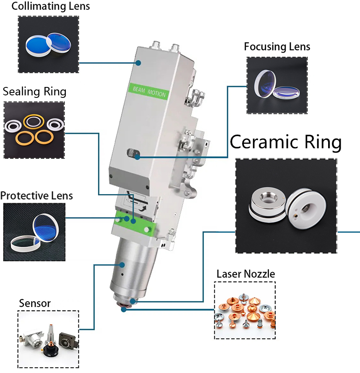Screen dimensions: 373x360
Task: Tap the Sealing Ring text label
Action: [x=34, y=92]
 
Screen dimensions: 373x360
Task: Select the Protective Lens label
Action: [x=37, y=196]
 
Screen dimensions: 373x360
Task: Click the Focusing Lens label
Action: [x=277, y=47]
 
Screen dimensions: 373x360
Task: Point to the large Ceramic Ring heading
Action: [x=286, y=142]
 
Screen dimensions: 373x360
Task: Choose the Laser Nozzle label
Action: [x=245, y=274]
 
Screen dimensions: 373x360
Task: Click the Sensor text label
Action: [x=35, y=303]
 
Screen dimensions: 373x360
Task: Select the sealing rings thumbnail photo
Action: [x=34, y=129]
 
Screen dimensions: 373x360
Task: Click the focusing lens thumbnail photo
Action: [x=277, y=86]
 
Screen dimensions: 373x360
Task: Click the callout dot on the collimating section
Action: [x=138, y=63]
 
